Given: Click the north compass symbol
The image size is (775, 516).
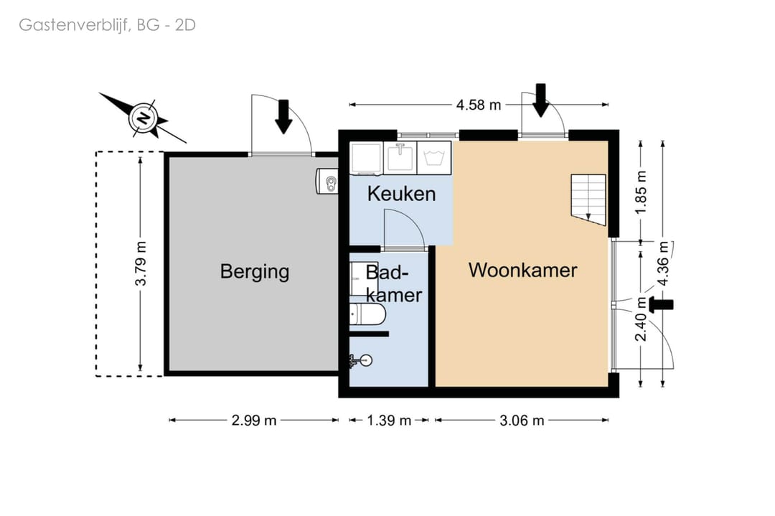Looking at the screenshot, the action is pos(144,118).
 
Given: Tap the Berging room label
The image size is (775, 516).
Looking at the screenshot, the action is pos(255,272).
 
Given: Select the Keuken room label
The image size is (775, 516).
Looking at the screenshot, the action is pos(401,194).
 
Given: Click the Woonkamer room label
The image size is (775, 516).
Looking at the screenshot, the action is pos(523,271).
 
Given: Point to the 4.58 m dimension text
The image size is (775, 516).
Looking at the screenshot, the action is pos(479,105).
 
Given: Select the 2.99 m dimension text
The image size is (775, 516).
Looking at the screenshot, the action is pos(254,420).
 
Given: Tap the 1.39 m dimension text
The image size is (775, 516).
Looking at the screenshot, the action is pos(389,420).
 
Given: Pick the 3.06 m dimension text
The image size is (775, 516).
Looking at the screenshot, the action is pos(522,420).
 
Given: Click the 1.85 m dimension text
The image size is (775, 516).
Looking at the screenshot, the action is pos(641,192).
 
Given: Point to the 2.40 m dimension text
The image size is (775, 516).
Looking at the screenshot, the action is pos(641,319).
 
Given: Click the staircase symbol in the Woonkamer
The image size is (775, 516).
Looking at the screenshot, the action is pos(588,200).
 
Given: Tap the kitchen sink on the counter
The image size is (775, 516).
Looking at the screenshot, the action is pos(400,158).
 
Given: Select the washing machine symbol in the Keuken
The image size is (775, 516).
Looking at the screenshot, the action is pos(434,158).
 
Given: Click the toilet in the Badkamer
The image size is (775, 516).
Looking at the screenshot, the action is pos(367,315).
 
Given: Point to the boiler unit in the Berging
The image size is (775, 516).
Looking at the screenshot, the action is pos(327,181).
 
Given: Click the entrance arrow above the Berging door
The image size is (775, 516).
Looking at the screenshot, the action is pos(283,117).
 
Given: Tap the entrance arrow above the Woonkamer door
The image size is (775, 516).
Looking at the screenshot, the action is pos(541,100).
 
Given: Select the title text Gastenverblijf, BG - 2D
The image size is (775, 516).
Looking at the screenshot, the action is pos(107,24).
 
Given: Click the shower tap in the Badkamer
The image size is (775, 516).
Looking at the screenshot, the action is pos(360,361).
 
